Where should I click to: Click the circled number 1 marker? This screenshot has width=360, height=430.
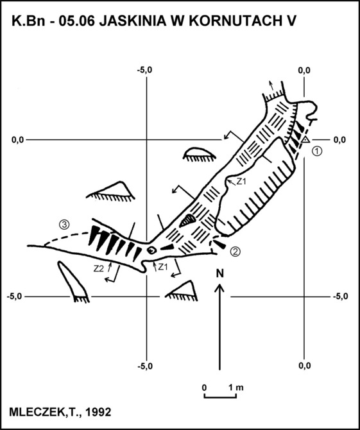click(317, 151)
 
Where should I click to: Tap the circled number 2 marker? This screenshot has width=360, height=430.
click(236, 251)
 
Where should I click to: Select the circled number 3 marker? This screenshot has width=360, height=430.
click(64, 225)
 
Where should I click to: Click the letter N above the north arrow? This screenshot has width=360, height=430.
click(220, 273)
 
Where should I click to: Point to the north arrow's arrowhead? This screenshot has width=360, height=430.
click(219, 288)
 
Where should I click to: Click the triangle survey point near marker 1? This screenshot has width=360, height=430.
click(305, 140)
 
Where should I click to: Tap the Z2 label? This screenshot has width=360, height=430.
click(99, 269)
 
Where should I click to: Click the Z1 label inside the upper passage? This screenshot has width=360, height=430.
click(241, 182)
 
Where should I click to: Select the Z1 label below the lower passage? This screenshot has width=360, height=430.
click(163, 267)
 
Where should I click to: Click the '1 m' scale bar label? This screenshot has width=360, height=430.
click(236, 388)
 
